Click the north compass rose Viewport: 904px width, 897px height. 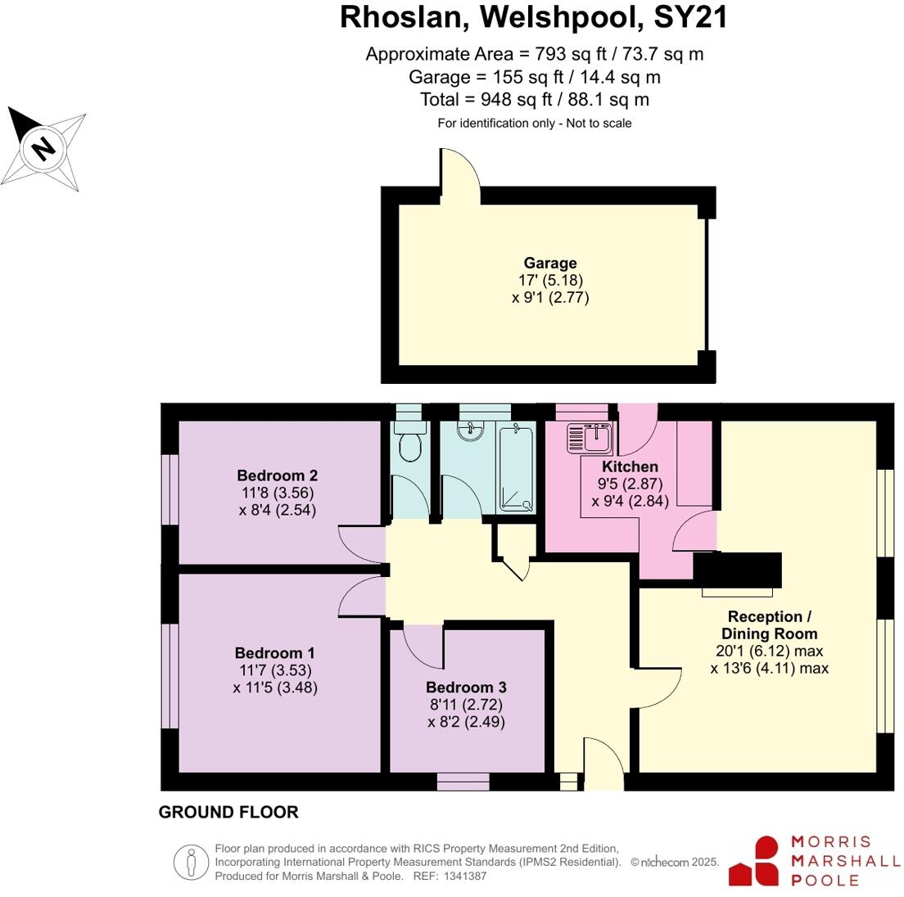(x=44, y=148)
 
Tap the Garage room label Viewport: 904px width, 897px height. (x=550, y=263)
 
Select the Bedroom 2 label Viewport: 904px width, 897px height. (x=277, y=476)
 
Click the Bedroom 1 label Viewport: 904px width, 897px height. (x=274, y=653)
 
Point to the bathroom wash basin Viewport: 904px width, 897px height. (x=471, y=430)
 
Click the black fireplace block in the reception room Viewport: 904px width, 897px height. (x=738, y=570)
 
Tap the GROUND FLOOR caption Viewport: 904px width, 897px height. (x=228, y=812)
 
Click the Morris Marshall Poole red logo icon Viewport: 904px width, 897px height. (x=756, y=860)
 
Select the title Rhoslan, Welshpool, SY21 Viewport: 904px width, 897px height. (x=534, y=18)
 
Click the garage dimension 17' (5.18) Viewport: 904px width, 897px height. (x=550, y=280)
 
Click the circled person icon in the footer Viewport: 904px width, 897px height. (x=191, y=862)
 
